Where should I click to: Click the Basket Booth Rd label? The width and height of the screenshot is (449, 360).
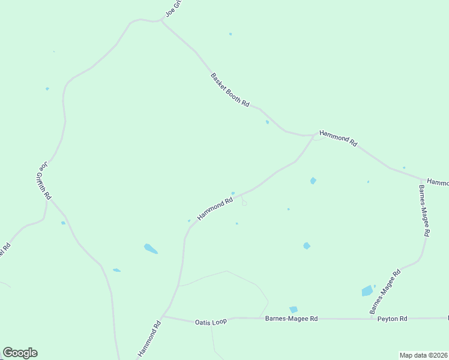(x=230, y=90)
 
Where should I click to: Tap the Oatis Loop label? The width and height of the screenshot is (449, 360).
(x=211, y=322)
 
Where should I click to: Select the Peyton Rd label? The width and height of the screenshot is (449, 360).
(x=393, y=319)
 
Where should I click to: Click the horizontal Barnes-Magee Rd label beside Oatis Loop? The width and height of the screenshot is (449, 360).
(x=291, y=319)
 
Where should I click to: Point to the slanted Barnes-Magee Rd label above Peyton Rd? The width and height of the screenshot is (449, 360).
(x=385, y=292)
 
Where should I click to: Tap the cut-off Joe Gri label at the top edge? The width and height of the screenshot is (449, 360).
(x=173, y=8)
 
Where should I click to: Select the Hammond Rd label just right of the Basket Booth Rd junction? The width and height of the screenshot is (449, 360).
(x=338, y=139)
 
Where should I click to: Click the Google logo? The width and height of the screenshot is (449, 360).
(x=20, y=353)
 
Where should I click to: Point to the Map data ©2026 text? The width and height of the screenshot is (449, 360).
(x=423, y=355)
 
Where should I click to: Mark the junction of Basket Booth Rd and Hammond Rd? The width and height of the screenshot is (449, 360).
(x=313, y=135)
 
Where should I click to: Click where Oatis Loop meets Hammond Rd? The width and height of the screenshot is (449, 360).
(x=163, y=316)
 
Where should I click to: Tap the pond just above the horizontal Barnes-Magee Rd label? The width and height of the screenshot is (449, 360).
(x=293, y=309)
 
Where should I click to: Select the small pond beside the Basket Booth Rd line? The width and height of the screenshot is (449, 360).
(x=267, y=122)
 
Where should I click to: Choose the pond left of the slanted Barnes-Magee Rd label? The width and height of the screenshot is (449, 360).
(x=367, y=291)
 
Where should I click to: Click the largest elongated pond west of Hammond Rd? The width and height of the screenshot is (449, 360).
(x=151, y=248)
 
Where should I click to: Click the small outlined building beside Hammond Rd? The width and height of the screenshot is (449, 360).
(x=244, y=203)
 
